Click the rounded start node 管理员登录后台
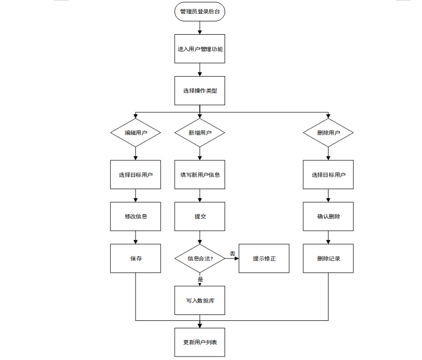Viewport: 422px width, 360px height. [x=200, y=11]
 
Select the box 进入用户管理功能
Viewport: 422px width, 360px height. [x=200, y=49]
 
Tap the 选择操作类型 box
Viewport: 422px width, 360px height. [x=200, y=91]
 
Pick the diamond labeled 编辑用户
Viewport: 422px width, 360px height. [x=136, y=133]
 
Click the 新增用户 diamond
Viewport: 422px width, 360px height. [x=200, y=133]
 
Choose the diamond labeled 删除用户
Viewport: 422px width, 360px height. [x=328, y=133]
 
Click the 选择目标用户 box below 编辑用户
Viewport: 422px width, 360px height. [x=136, y=175]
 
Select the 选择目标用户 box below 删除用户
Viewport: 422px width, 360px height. [x=328, y=175]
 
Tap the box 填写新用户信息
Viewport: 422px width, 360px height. [x=200, y=175]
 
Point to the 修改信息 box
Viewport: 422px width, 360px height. [x=136, y=216]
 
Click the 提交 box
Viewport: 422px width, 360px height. [x=200, y=216]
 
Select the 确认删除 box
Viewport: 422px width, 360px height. [x=328, y=216]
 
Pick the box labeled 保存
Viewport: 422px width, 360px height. [x=136, y=258]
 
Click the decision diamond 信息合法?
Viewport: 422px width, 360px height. [x=200, y=258]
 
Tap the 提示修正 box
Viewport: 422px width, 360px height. [x=264, y=258]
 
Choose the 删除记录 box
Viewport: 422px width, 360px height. [x=328, y=258]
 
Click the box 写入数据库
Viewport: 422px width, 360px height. [x=200, y=301]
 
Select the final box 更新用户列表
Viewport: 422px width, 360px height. [x=200, y=342]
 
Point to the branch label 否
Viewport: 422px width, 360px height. [x=233, y=254]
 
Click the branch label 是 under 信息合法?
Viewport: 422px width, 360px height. [x=200, y=279]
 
